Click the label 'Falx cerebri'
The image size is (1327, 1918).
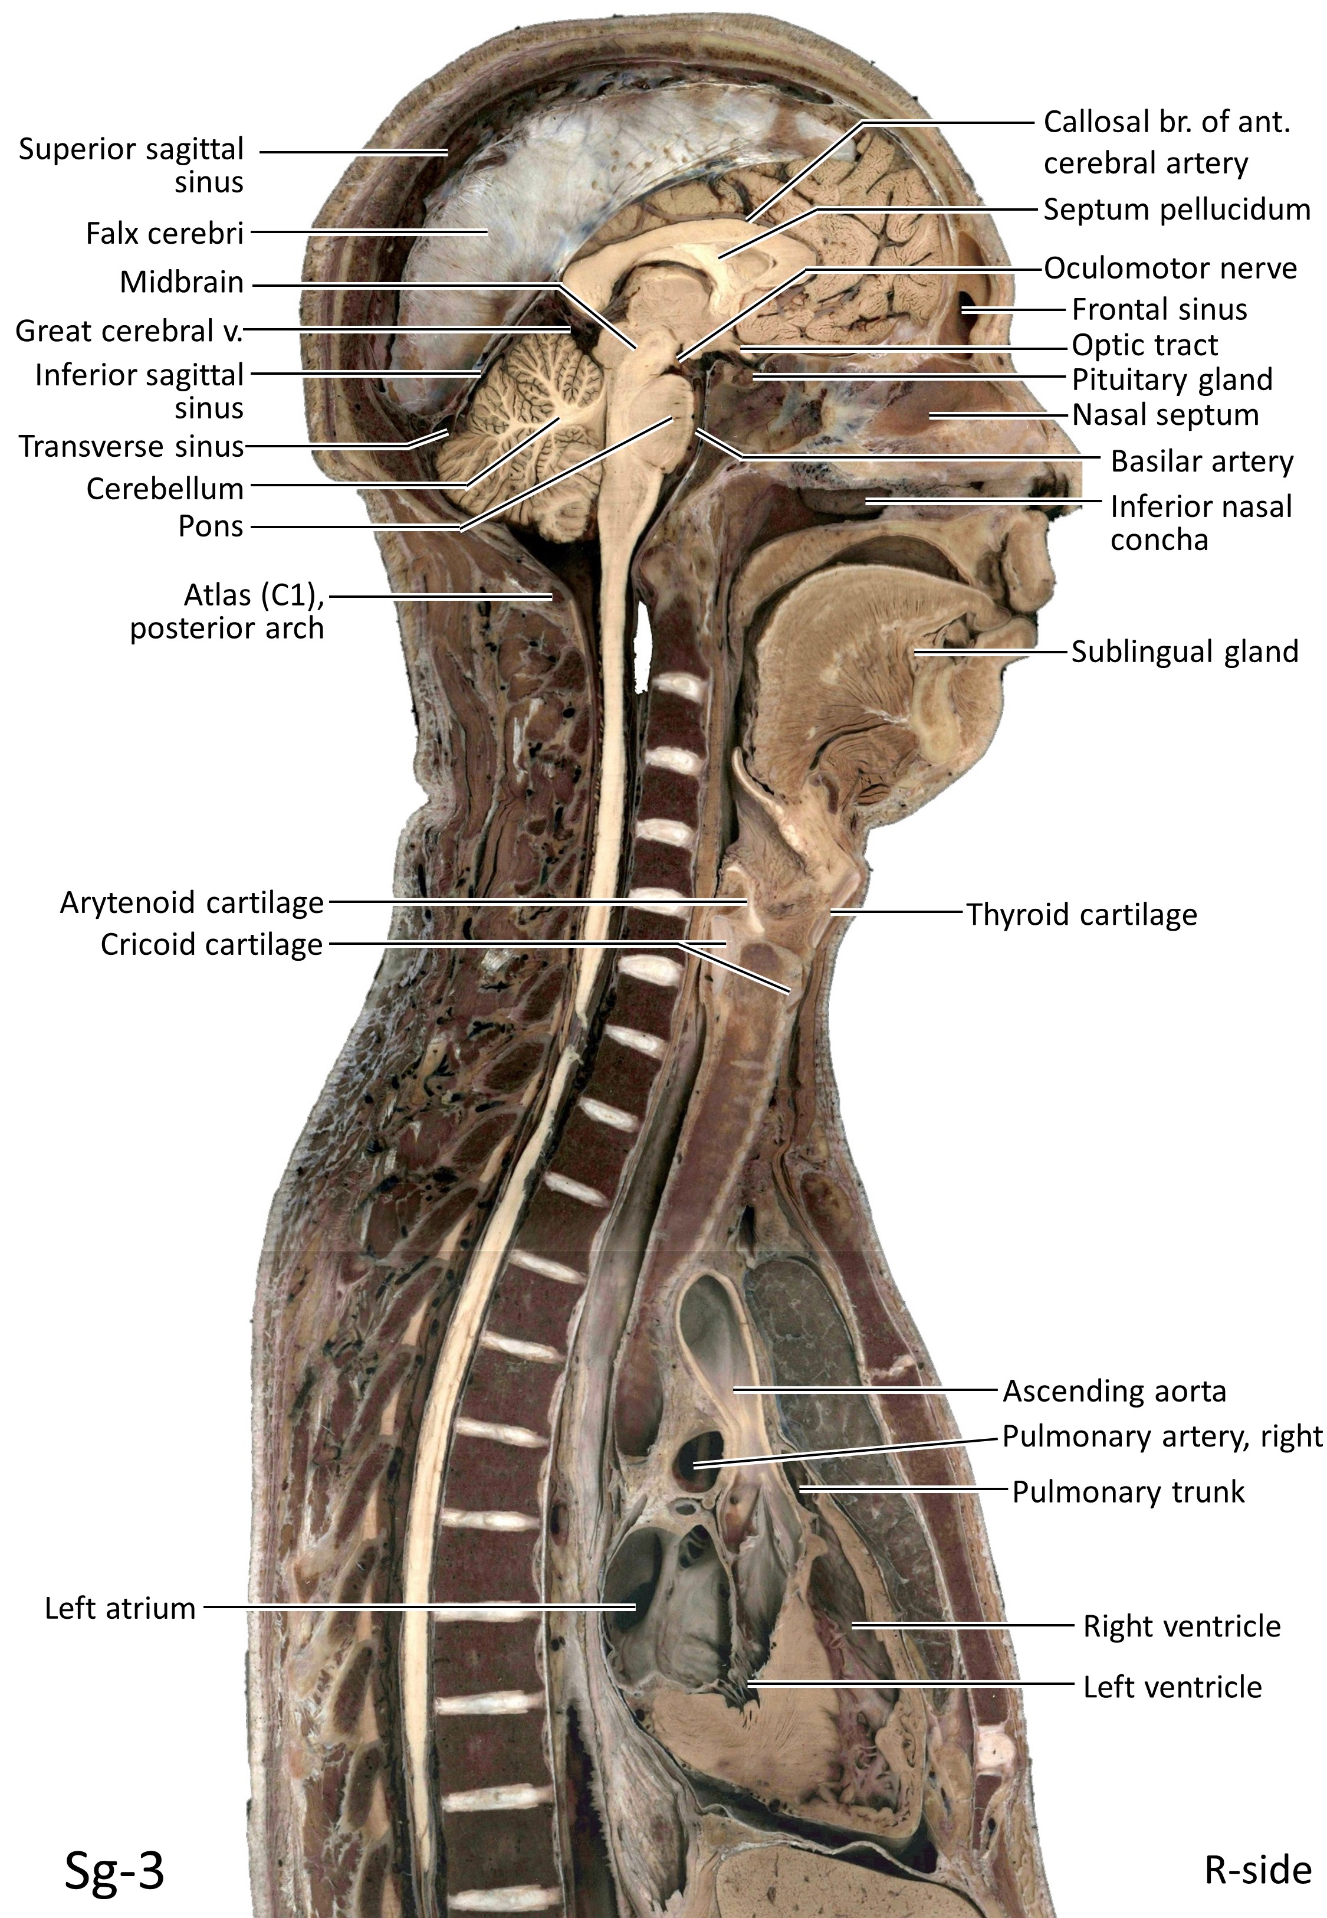(x=165, y=234)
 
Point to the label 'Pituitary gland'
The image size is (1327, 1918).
(x=1171, y=379)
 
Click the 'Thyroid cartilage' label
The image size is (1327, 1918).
(x=1081, y=915)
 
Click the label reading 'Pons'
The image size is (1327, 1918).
(x=211, y=526)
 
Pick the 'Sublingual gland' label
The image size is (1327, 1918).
(x=1184, y=652)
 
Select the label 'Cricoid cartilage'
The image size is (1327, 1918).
(x=211, y=945)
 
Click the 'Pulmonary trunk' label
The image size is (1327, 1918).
(x=1128, y=1492)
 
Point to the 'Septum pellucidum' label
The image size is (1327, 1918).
(x=1177, y=210)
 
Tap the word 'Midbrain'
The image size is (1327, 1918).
(x=181, y=283)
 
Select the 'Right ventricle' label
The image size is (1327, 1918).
(x=1181, y=1626)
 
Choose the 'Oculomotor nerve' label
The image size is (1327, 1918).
(x=1170, y=269)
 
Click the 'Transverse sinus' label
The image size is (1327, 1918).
(x=132, y=447)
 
